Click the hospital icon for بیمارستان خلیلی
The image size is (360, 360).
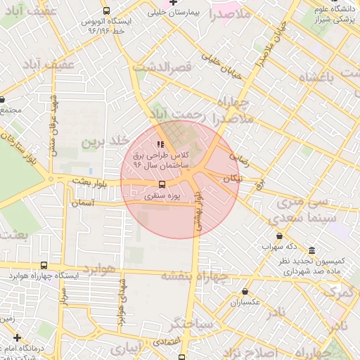tap(173, 3)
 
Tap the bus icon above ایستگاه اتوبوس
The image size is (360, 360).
tap(106, 11)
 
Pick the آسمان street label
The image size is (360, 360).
tap(83, 202)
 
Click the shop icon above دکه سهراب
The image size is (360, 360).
tap(280, 236)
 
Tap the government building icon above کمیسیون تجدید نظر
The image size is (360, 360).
tap(311, 251)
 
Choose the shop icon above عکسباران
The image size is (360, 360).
tap(245, 291)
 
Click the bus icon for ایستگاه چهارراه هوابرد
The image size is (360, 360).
tap(44, 265)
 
